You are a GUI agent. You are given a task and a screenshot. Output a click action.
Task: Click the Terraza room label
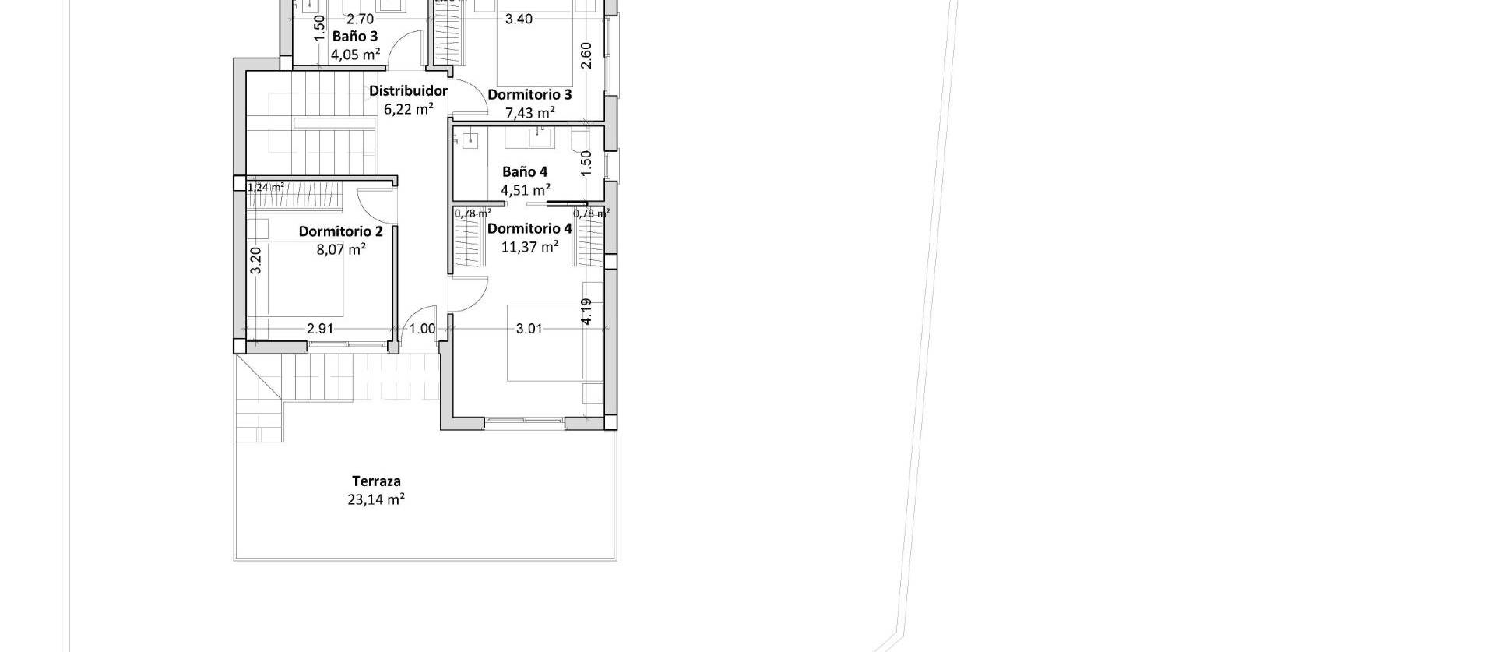coord(376,481)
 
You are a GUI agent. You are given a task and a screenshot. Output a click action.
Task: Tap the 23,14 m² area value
coord(376,499)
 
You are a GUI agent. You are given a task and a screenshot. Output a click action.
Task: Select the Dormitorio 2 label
coord(340,231)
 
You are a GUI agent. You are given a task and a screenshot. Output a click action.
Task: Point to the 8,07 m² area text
coord(341,250)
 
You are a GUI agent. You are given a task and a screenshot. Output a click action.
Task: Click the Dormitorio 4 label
coord(529,228)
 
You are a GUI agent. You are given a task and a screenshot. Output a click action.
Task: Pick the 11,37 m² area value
coord(529,247)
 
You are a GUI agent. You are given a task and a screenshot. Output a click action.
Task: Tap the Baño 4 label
coord(525,171)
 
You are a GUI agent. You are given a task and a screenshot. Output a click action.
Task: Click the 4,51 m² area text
coord(526,190)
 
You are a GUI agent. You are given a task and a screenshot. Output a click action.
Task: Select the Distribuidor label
coord(408,91)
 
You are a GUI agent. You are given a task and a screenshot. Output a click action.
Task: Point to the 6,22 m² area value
coord(409,110)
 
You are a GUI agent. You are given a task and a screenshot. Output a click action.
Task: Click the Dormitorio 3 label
coord(529,95)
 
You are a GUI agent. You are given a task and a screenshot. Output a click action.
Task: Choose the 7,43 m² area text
coord(530,114)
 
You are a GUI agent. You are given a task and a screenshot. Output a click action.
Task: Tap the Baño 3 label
coord(355,36)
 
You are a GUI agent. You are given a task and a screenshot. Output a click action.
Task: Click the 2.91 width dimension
coord(320,329)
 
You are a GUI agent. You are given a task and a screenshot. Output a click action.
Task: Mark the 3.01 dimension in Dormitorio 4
coord(529,329)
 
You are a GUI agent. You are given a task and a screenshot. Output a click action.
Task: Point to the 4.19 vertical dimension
coord(587,312)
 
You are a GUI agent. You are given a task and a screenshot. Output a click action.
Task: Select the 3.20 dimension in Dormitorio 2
coord(256,260)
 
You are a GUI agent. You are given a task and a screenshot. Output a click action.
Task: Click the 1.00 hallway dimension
coord(423,329)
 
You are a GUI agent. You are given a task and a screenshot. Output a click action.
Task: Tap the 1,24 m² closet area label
coord(266,187)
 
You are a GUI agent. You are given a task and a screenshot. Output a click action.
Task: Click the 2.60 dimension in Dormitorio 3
coord(587,55)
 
